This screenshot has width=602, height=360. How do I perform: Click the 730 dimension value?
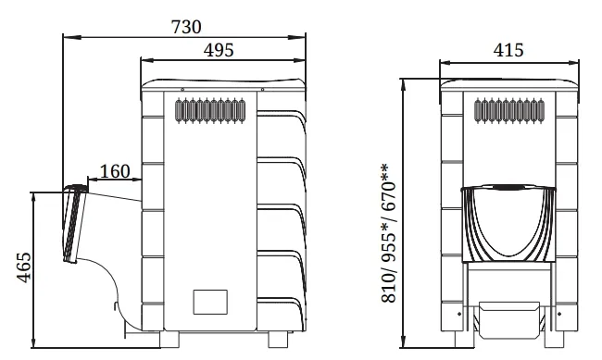[186, 27]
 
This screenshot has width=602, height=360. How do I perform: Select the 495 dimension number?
[219, 50]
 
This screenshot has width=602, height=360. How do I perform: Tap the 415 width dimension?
[508, 50]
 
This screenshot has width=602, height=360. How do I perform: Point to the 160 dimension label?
[115, 171]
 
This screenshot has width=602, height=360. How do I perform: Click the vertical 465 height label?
[24, 267]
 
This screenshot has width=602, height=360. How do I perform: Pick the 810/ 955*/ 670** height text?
[389, 233]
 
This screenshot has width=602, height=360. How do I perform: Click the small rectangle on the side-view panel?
[210, 302]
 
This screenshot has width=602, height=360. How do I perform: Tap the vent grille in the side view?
[210, 110]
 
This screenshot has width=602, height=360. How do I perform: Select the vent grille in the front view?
[509, 110]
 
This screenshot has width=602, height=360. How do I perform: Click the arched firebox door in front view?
[508, 223]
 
